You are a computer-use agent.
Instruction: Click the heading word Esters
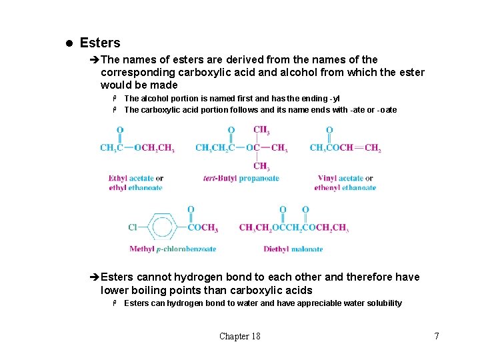click(100, 43)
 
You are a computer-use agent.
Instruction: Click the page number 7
click(437, 336)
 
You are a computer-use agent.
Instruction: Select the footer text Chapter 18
click(240, 336)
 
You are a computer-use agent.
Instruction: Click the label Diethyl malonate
click(293, 249)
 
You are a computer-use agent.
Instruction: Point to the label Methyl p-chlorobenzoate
click(173, 249)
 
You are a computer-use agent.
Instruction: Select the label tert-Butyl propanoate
click(241, 179)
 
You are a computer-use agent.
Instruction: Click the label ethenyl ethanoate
click(345, 188)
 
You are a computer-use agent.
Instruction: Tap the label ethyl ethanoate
click(135, 188)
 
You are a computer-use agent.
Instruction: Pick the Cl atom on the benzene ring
click(133, 228)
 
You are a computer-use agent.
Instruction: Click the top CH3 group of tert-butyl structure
click(261, 130)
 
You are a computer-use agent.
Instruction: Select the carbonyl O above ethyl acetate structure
click(120, 130)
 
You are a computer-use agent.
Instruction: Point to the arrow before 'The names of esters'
click(94, 59)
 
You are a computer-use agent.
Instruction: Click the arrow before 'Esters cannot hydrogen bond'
click(94, 277)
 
